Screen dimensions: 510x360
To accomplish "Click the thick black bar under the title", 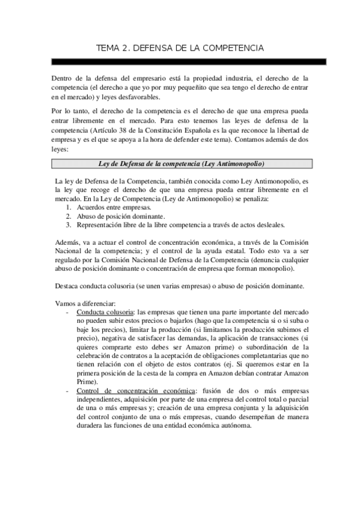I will tap(189, 61).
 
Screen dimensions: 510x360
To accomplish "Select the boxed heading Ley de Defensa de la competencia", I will tap(181, 164).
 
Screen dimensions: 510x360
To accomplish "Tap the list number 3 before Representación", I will tap(69, 225).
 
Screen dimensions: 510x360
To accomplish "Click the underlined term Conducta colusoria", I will tap(105, 313).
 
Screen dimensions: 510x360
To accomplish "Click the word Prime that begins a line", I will tap(87, 381).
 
